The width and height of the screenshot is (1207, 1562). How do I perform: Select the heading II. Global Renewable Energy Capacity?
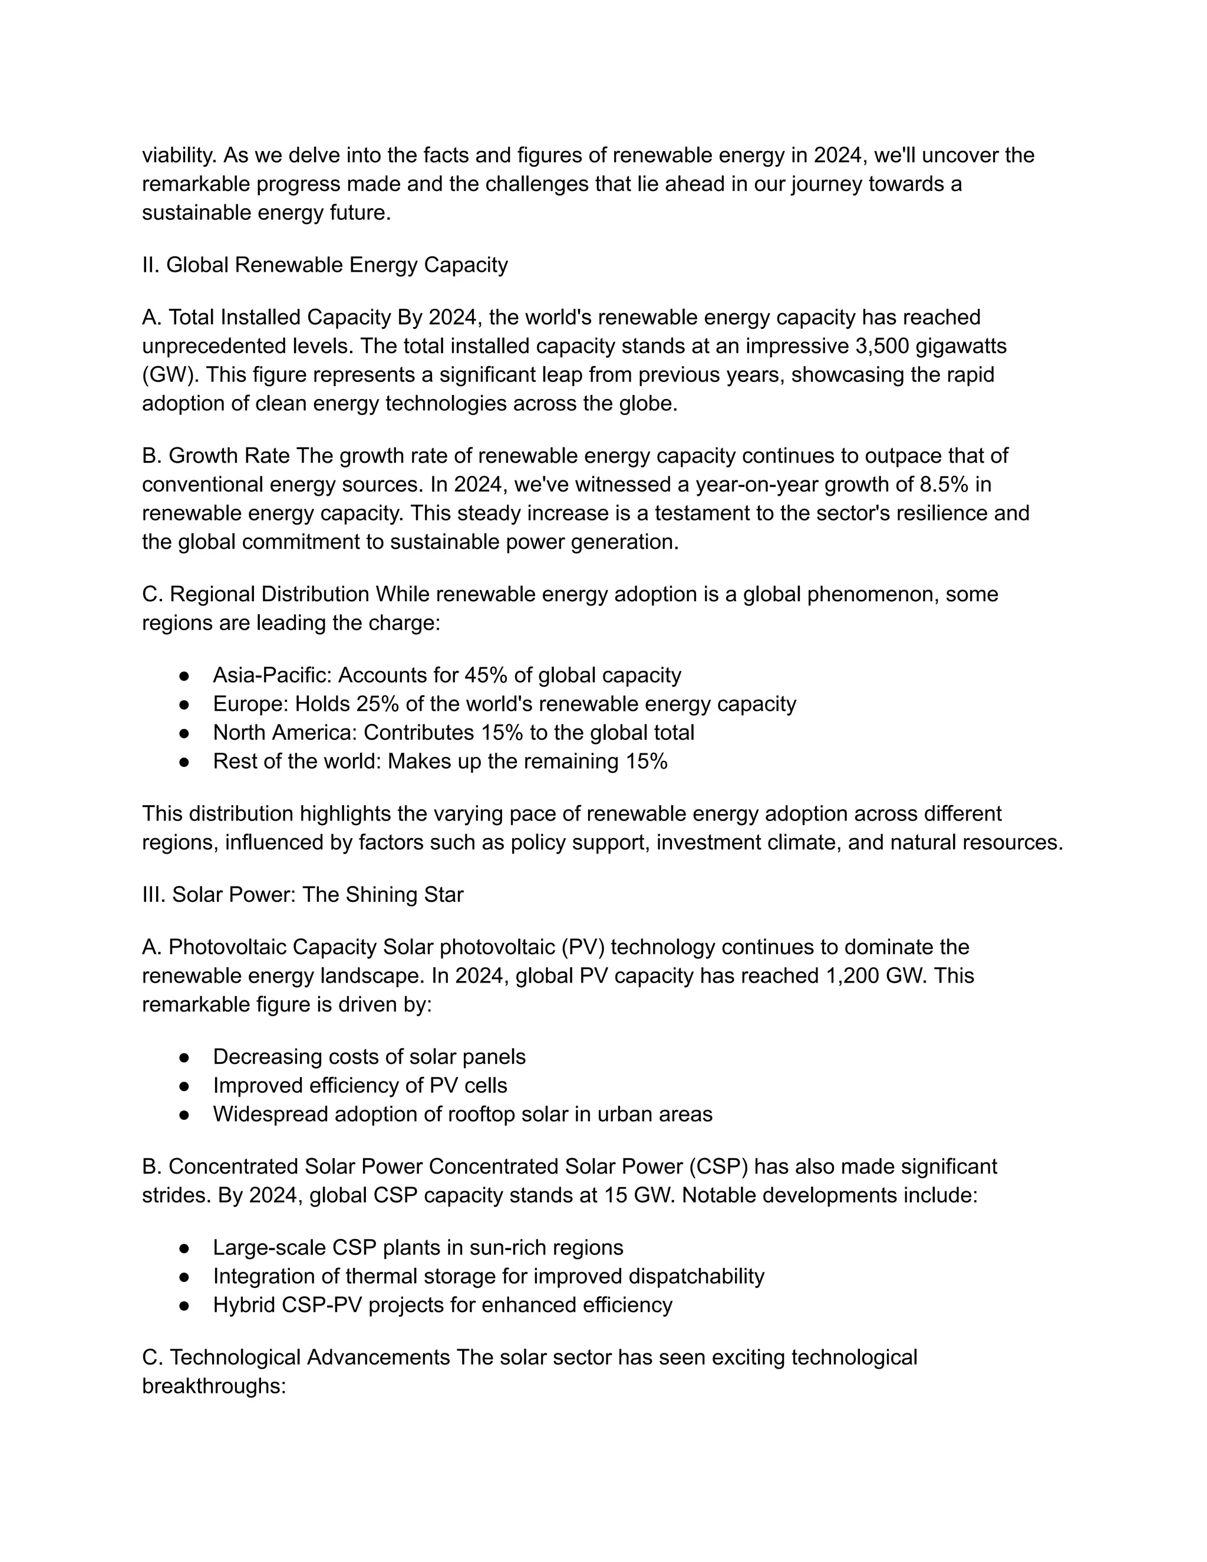(325, 265)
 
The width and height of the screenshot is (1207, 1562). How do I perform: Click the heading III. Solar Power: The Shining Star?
(302, 895)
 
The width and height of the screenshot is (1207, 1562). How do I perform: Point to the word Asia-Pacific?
(272, 675)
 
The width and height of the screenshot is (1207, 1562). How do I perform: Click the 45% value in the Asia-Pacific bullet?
(486, 675)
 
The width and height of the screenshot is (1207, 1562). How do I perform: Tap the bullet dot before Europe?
(184, 704)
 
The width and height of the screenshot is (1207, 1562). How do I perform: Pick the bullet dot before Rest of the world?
(184, 762)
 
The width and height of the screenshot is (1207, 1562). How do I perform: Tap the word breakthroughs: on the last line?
(214, 1386)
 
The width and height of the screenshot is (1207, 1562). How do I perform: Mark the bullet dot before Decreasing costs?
(184, 1057)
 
